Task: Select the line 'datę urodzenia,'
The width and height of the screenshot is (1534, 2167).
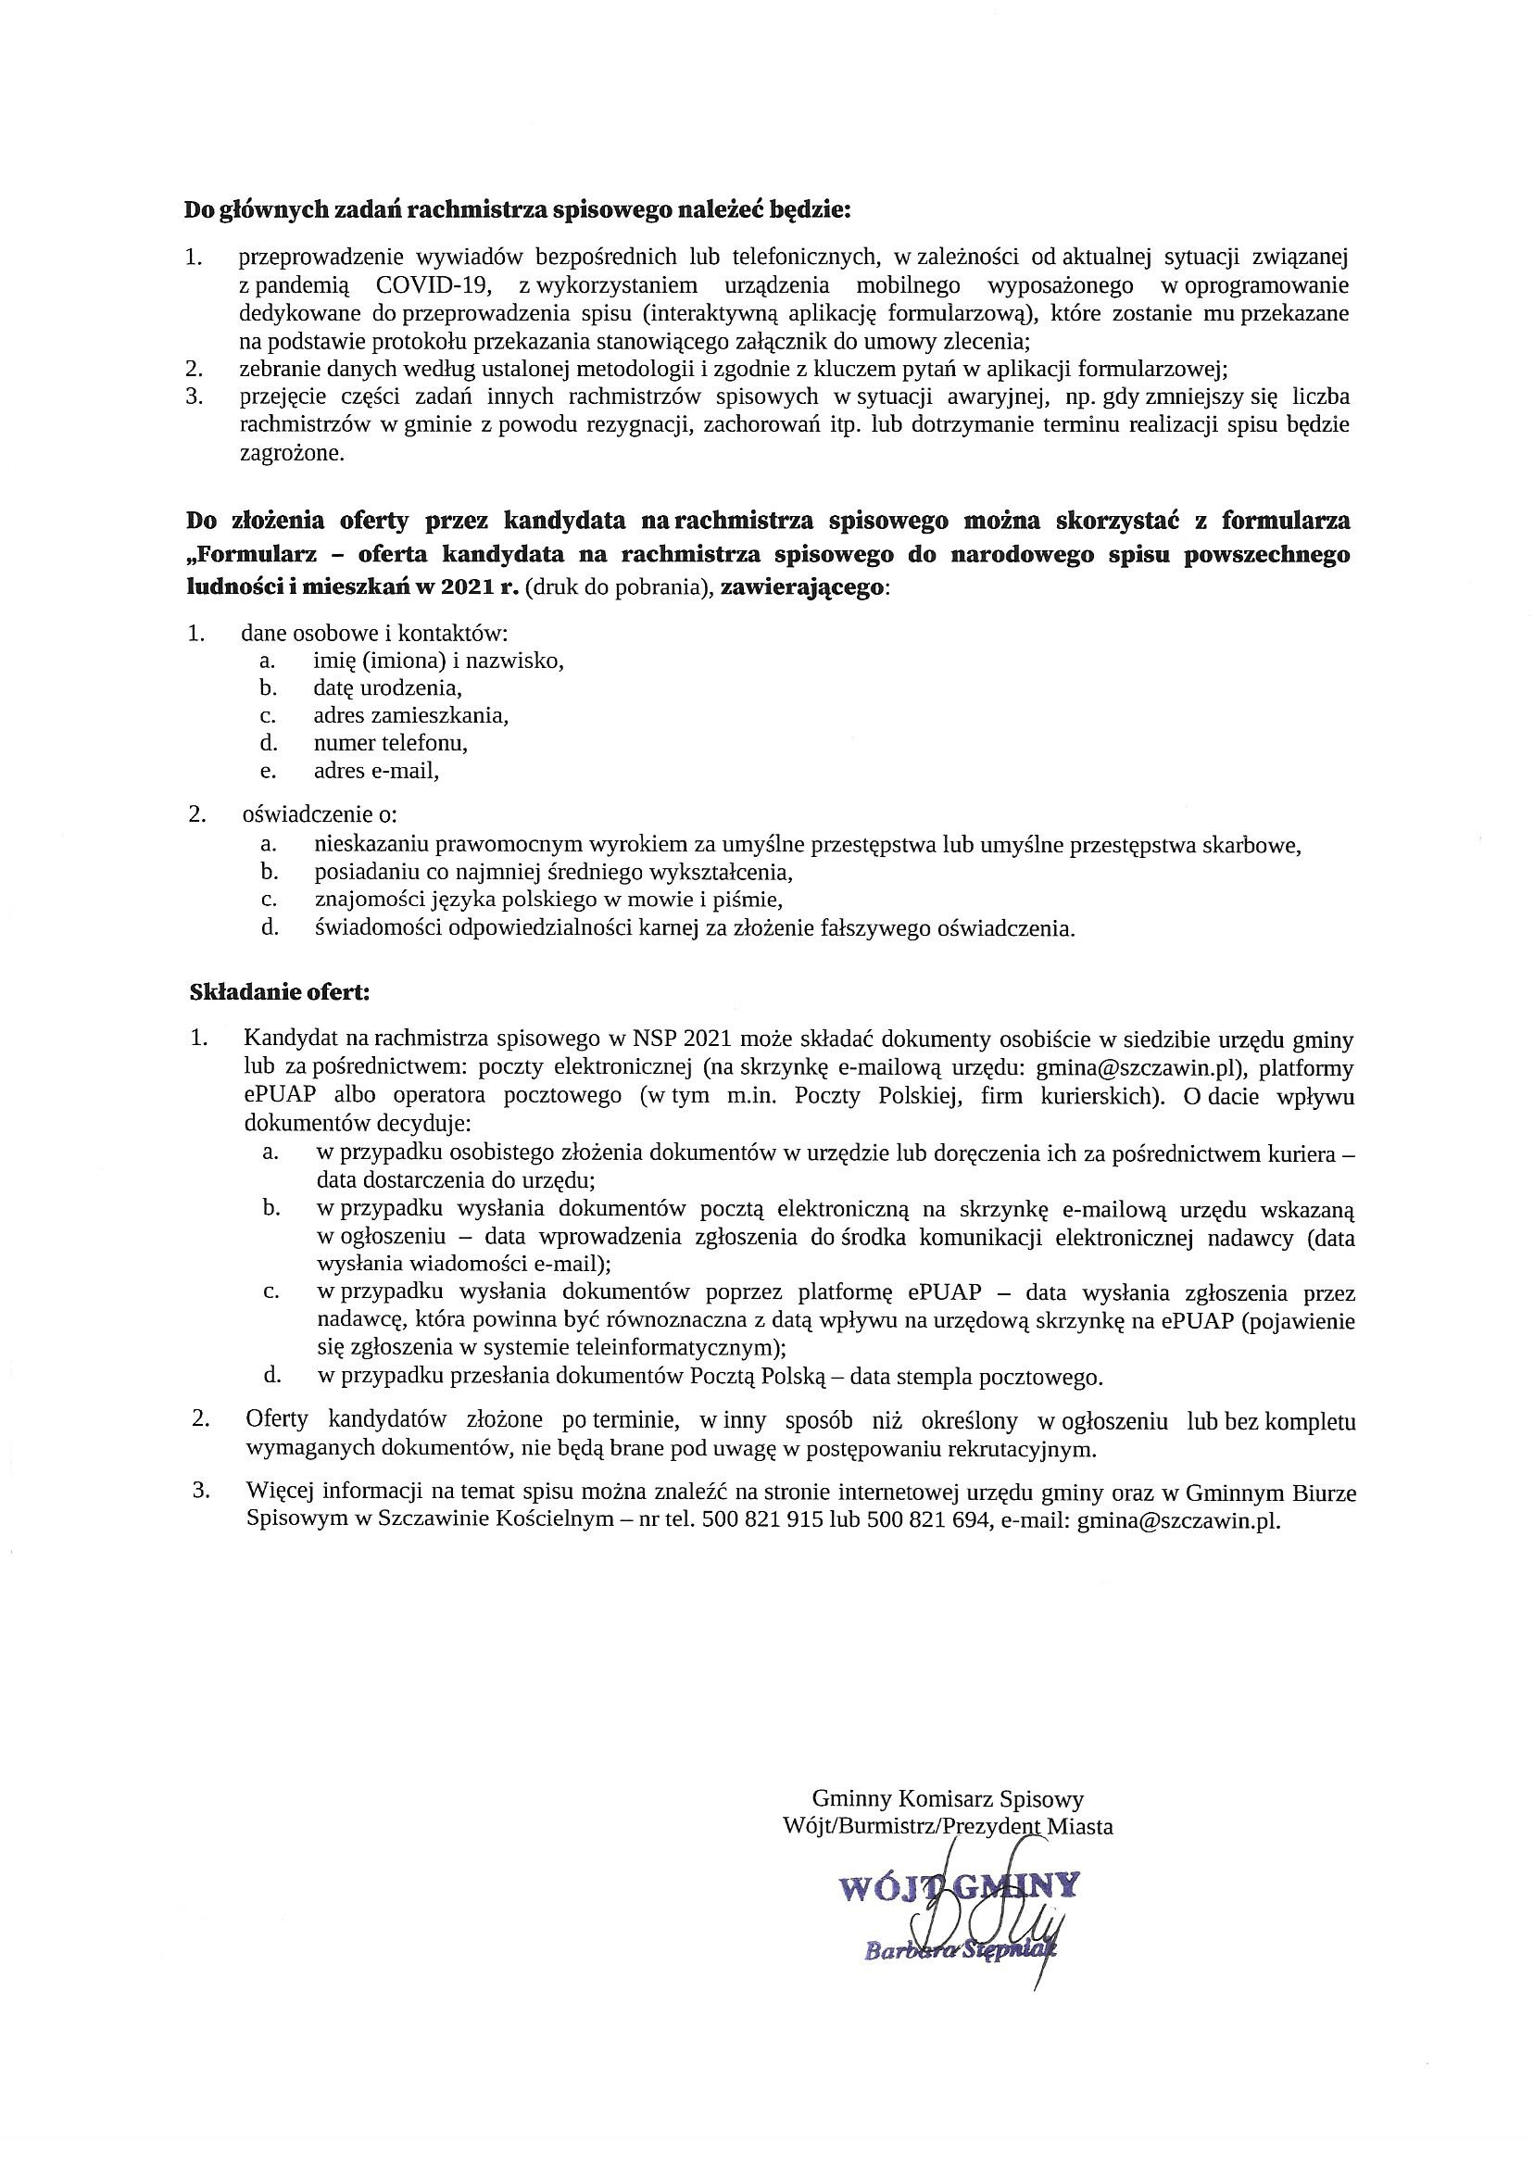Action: pyautogui.click(x=387, y=687)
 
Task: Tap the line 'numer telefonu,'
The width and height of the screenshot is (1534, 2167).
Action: pyautogui.click(x=390, y=742)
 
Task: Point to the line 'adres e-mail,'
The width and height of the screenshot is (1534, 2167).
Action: pyautogui.click(x=377, y=770)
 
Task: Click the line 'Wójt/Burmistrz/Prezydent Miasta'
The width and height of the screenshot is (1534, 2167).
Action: pyautogui.click(x=949, y=1826)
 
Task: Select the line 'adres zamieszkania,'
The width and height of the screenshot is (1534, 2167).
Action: pyautogui.click(x=411, y=715)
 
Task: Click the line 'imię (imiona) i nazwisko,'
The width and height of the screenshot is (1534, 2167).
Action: pyautogui.click(x=438, y=661)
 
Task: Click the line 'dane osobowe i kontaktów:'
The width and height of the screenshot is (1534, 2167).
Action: pyautogui.click(x=374, y=633)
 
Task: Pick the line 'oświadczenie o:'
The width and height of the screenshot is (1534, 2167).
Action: pyautogui.click(x=320, y=814)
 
